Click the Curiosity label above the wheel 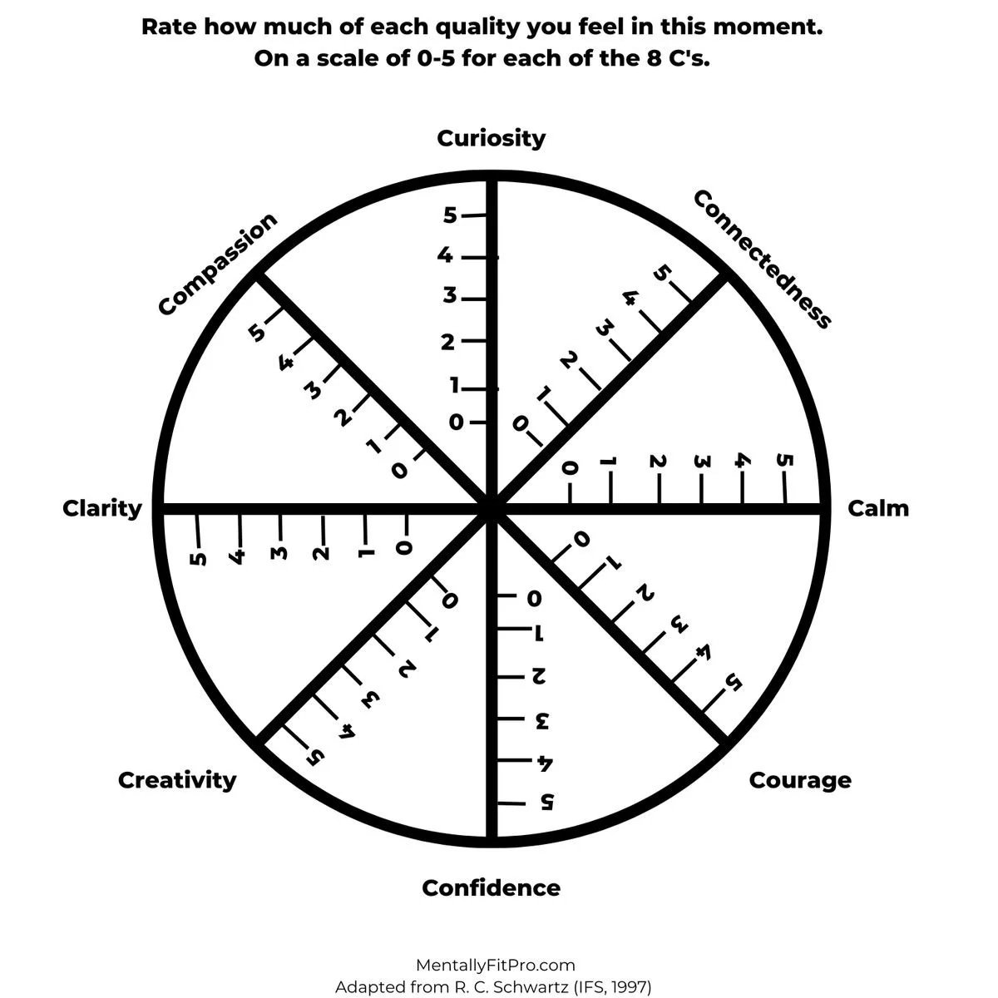point(491,138)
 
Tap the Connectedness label point(762,259)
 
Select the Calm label point(877,508)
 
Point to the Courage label point(800,780)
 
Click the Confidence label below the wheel point(491,888)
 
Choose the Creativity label point(177,780)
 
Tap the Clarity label point(102,508)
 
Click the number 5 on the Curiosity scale point(450,215)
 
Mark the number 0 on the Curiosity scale point(456,422)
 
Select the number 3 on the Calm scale point(700,462)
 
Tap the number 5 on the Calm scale point(783,462)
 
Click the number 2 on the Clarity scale point(322,551)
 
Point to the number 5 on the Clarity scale point(198,556)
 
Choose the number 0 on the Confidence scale point(533,598)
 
